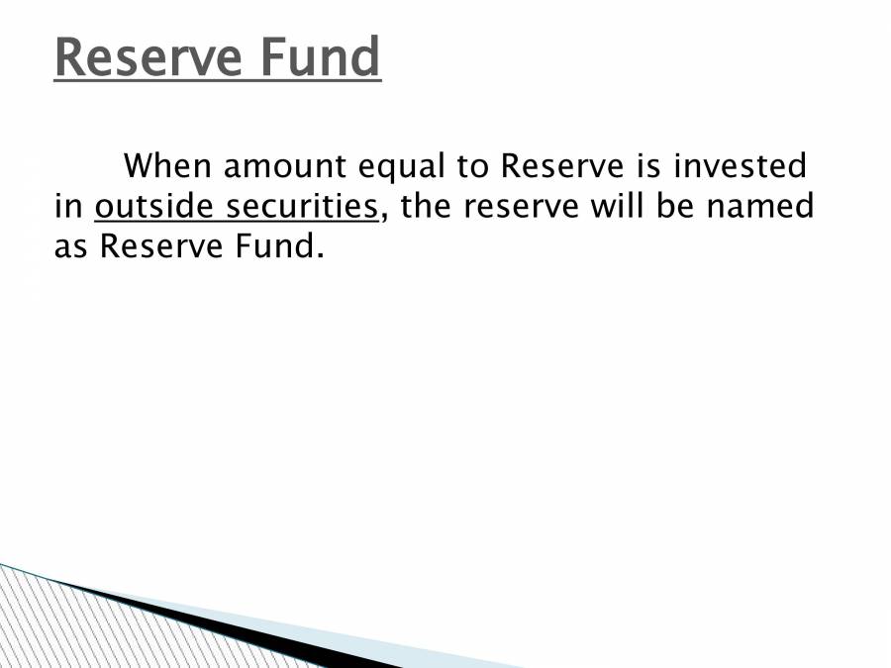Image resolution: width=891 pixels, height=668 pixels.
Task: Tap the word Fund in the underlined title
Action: pos(321,58)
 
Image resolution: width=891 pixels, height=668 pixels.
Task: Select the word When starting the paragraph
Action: pos(166,166)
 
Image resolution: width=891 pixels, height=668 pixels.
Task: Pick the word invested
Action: pos(741,166)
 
